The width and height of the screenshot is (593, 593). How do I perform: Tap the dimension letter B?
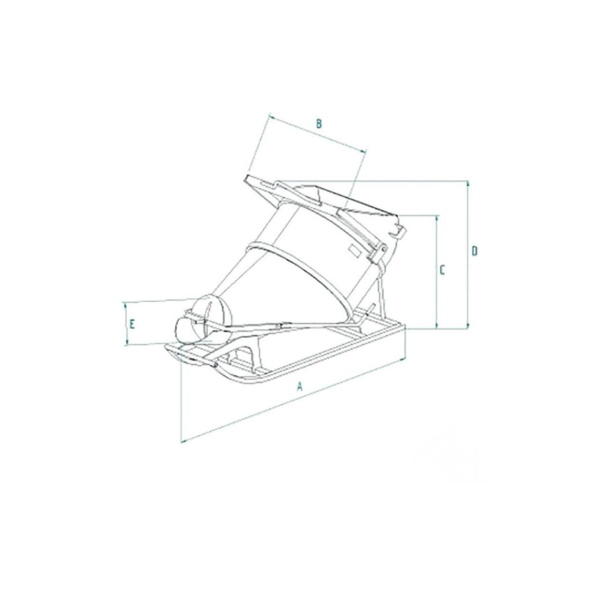318,123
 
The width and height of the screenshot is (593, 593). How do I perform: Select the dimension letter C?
442,270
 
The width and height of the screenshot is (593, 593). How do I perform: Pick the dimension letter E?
133,324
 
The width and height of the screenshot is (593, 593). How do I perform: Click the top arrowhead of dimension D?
468,183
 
